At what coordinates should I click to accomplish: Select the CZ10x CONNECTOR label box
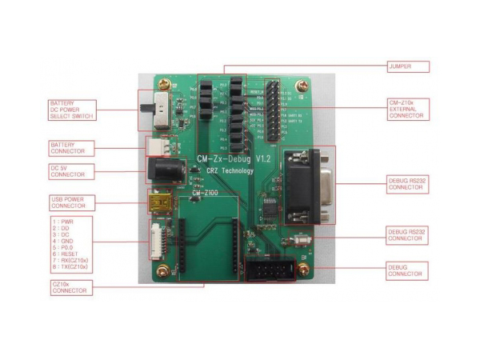click(x=70, y=286)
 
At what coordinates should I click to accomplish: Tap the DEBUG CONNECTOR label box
click(x=406, y=271)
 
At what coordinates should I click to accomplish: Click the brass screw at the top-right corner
click(x=302, y=85)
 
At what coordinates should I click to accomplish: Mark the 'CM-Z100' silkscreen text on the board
click(x=206, y=193)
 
